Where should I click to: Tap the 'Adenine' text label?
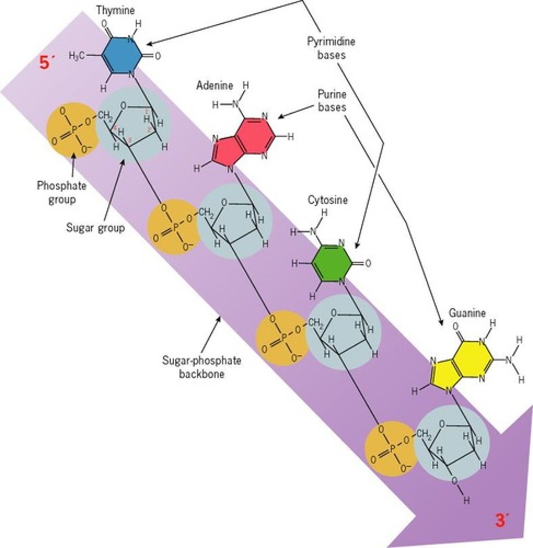coord(215,85)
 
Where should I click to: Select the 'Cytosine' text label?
coord(327,200)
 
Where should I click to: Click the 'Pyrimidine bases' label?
coord(331,47)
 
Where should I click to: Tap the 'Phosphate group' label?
coord(62,192)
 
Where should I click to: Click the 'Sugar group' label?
coord(95,227)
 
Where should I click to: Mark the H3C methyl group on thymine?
coord(77,56)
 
